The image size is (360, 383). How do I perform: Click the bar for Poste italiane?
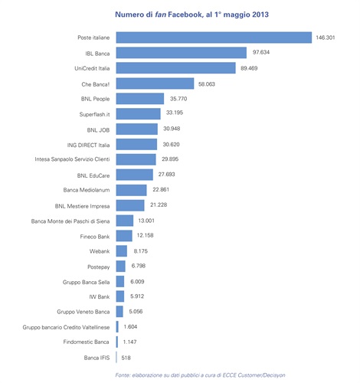213,38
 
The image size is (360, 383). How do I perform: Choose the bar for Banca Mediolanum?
131,190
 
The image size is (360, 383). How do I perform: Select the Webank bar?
121,250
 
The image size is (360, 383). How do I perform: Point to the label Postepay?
99,266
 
